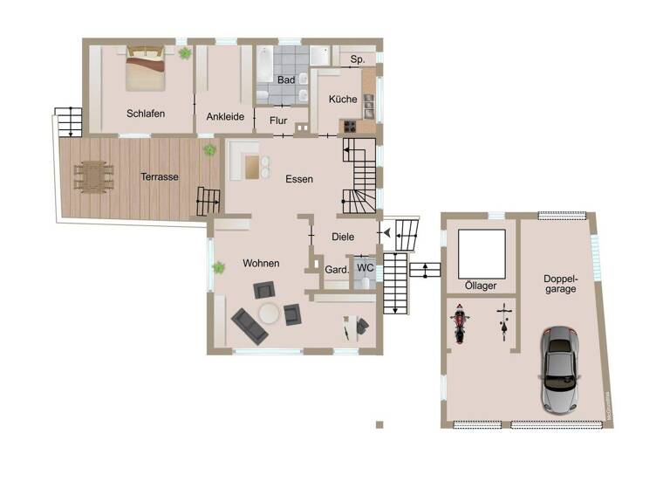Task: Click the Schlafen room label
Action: click(146, 114)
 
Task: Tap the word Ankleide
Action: click(225, 116)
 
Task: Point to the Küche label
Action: click(343, 100)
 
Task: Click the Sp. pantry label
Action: click(357, 59)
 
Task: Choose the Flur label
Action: click(279, 121)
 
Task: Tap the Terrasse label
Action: click(160, 176)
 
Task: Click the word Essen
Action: click(299, 179)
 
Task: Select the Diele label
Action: click(344, 236)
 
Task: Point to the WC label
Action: click(366, 267)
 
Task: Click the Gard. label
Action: click(337, 270)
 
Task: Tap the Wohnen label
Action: click(261, 263)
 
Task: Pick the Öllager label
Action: click(481, 286)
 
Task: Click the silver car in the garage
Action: click(559, 368)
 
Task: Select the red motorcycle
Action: click(458, 323)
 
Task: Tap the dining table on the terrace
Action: click(92, 176)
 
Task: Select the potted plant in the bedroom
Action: click(185, 53)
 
